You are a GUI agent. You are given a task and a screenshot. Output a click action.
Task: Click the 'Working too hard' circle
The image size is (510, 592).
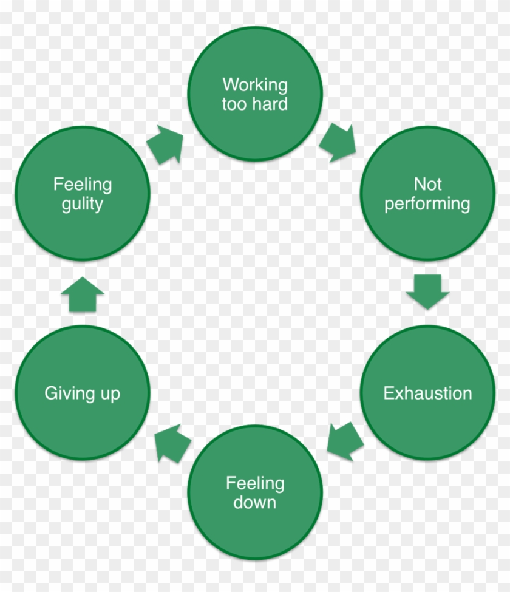255,94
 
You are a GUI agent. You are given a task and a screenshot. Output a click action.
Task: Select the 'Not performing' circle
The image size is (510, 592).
427,194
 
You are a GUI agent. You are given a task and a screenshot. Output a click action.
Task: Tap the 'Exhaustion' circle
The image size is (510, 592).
427,393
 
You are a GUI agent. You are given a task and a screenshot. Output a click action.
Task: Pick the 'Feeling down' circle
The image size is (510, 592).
255,492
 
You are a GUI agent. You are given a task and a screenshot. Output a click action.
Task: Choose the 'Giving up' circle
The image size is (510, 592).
82,393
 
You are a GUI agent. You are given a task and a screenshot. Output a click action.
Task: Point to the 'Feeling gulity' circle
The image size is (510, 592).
82,194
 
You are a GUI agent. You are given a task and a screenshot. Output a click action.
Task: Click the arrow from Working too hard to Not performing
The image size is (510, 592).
338,143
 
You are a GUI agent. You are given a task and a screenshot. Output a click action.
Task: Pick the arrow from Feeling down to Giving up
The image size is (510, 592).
172,443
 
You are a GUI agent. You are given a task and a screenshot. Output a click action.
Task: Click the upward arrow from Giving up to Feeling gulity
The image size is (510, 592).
82,295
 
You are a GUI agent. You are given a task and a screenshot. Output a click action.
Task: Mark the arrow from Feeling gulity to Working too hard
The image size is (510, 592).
166,145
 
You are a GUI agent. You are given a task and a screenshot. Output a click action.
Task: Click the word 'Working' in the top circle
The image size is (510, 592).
255,84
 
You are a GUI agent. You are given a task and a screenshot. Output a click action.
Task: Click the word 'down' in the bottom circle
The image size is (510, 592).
255,503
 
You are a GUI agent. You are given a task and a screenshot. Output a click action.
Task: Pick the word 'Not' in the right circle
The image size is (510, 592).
427,183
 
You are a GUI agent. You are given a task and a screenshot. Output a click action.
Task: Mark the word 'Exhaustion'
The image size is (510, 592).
427,393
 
